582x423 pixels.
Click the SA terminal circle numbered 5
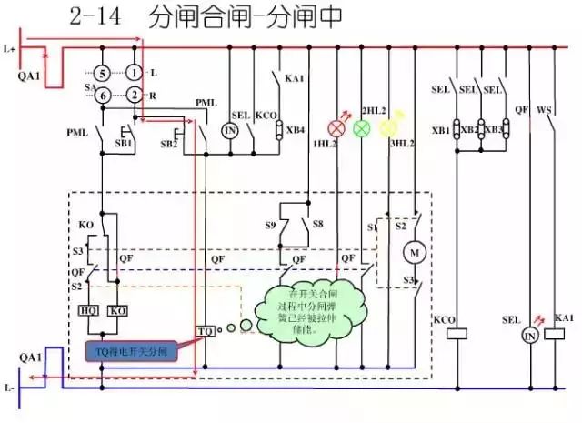(x=104, y=72)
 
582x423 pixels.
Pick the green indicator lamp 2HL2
(x=363, y=127)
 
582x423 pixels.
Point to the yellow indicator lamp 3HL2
(x=389, y=127)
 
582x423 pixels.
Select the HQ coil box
(x=90, y=310)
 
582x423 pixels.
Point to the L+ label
(x=10, y=46)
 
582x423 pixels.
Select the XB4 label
(x=296, y=130)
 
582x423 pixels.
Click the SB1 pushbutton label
(x=124, y=144)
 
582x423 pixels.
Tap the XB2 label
(x=469, y=131)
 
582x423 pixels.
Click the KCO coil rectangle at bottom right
(x=453, y=334)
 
